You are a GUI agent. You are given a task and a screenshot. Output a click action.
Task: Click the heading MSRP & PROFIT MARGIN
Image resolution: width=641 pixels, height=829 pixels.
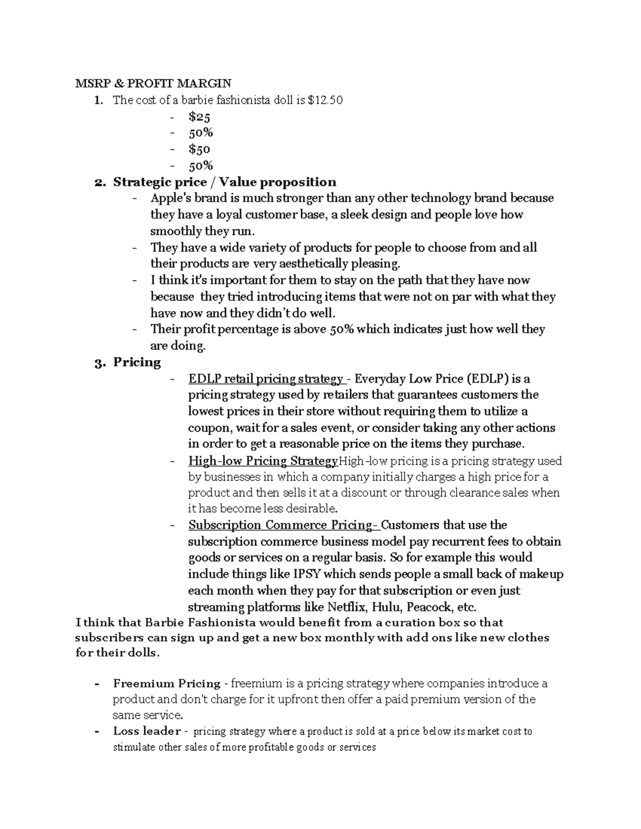(153, 83)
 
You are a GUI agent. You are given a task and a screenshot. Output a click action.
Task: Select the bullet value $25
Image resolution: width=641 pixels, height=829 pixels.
(199, 116)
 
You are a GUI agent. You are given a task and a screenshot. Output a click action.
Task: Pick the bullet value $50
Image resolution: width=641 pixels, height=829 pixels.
(199, 149)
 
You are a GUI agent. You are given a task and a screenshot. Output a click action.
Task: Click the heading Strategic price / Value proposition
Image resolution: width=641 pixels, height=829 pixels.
(224, 182)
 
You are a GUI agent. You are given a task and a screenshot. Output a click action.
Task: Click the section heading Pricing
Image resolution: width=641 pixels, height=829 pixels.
(137, 362)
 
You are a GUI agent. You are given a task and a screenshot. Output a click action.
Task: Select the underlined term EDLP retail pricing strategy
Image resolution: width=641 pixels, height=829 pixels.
(266, 379)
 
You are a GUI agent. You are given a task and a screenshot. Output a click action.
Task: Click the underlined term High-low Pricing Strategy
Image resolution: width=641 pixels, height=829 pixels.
(263, 461)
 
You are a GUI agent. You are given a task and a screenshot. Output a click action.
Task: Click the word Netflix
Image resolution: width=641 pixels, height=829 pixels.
(347, 607)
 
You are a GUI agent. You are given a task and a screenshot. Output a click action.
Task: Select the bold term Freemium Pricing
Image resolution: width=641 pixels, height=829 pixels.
(167, 683)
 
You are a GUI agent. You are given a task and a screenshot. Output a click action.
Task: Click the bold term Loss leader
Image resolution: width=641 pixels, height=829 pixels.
(147, 731)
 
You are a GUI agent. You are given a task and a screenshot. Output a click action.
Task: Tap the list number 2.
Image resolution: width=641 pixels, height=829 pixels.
(99, 183)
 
